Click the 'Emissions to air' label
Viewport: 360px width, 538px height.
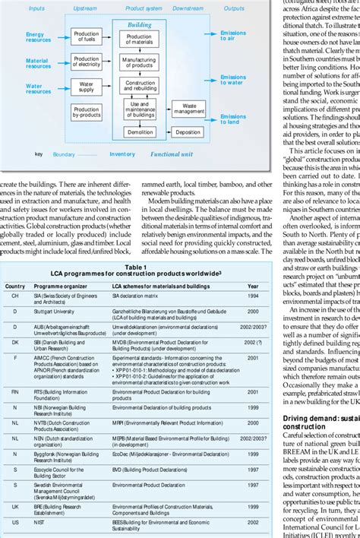232,35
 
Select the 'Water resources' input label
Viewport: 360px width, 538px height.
39,88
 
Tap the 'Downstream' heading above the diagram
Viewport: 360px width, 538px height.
188,8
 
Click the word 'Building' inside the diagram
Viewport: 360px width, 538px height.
139,24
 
